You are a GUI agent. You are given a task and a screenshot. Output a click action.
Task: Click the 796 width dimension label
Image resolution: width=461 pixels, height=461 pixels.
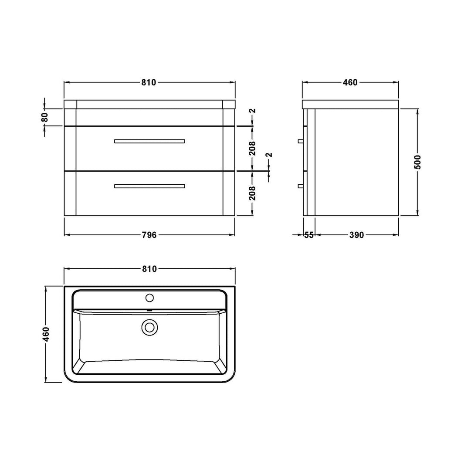pyautogui.click(x=149, y=235)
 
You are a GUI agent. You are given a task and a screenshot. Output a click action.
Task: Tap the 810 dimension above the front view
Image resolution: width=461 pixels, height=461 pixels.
pyautogui.click(x=149, y=83)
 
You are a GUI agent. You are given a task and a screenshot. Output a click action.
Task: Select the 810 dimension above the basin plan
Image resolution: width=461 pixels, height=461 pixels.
pyautogui.click(x=149, y=269)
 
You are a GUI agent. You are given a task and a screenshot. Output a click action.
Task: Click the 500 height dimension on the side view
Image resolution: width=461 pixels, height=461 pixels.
pyautogui.click(x=417, y=162)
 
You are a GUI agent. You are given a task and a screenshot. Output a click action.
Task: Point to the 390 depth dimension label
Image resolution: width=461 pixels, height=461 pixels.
pyautogui.click(x=356, y=235)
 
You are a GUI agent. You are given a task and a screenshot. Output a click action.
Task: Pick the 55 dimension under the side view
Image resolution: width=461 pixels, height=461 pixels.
pyautogui.click(x=309, y=235)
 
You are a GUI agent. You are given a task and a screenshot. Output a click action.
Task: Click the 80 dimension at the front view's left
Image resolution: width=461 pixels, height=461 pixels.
pyautogui.click(x=44, y=117)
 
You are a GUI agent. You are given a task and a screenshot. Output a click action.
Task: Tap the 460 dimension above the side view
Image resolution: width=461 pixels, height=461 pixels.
pyautogui.click(x=350, y=83)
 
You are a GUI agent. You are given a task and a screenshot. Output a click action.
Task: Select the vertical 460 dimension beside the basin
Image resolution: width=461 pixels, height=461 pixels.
pyautogui.click(x=46, y=334)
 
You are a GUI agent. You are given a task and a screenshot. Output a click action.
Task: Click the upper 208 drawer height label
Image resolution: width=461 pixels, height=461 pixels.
pyautogui.click(x=252, y=148)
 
